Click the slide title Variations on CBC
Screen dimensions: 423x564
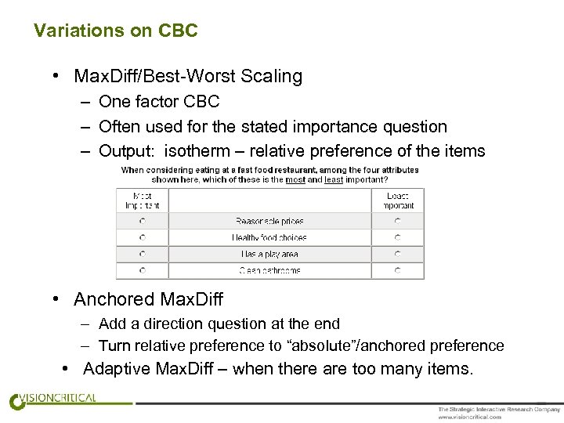[116, 31]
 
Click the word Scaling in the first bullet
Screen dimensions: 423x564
[273, 76]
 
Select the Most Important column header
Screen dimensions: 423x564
[142, 201]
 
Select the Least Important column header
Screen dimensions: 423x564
[398, 201]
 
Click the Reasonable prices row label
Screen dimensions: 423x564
[269, 222]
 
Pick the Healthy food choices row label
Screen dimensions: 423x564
[269, 238]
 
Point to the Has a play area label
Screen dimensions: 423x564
[269, 255]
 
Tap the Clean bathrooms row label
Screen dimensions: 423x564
[269, 271]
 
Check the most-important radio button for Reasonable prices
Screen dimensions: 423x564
[143, 222]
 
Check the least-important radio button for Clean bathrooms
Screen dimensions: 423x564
[398, 271]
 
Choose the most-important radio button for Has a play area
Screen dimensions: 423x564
[143, 255]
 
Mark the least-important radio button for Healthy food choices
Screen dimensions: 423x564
[398, 238]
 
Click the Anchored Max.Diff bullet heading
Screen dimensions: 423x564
[148, 299]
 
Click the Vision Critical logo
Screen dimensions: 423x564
[53, 399]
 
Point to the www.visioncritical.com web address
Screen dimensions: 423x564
[469, 417]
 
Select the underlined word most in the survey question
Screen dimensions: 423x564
[295, 179]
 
